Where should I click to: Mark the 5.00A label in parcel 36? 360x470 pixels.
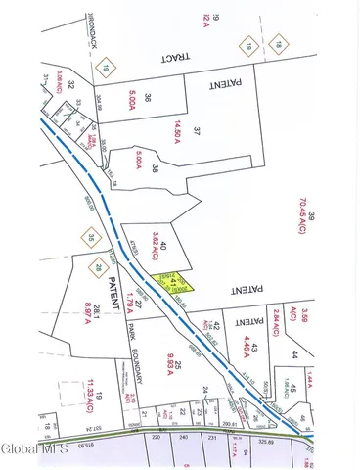pos(132,99)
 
